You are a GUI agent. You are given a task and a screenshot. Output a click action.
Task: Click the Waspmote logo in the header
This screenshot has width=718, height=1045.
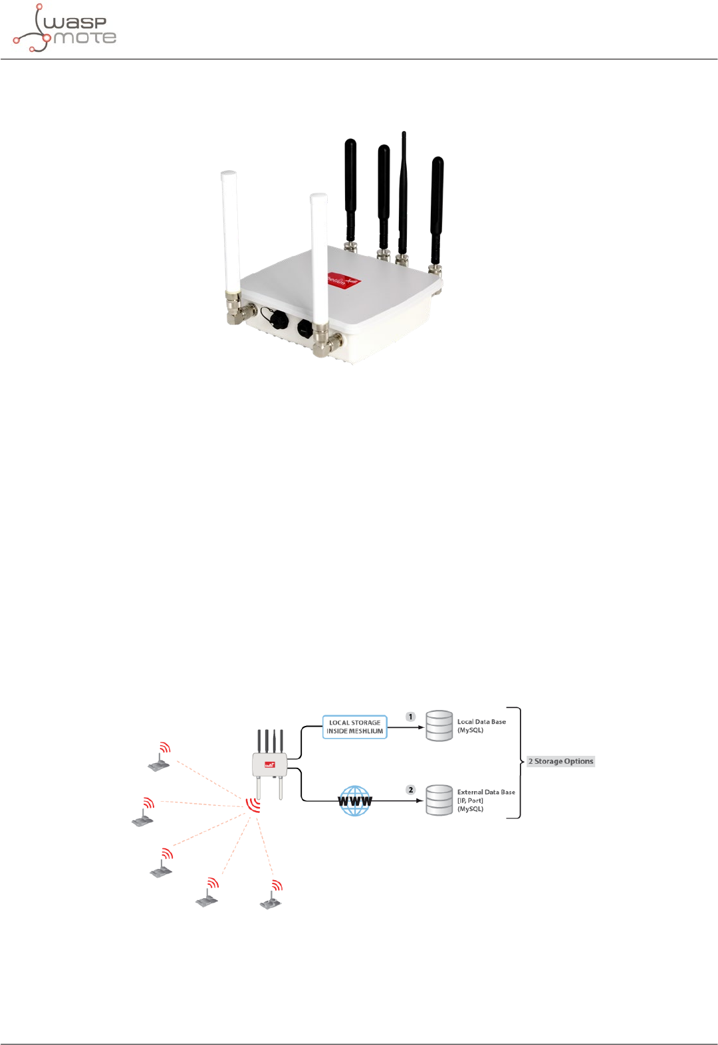(64, 29)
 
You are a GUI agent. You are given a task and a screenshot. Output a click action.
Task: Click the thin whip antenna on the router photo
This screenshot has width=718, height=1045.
(403, 193)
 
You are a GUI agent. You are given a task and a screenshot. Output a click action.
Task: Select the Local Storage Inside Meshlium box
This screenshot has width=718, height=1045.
(354, 727)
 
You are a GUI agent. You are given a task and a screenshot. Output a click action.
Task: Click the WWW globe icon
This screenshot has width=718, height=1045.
(355, 800)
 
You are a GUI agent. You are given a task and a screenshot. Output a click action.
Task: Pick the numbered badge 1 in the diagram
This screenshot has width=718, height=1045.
(411, 717)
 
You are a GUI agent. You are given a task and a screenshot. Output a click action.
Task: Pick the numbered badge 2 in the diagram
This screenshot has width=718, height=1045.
(411, 790)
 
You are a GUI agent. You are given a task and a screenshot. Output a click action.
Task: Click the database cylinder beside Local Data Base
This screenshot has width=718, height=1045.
(439, 726)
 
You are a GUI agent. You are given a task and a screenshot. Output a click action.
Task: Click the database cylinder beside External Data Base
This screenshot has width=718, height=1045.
(439, 800)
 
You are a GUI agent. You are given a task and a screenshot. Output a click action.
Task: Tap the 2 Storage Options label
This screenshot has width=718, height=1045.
(560, 761)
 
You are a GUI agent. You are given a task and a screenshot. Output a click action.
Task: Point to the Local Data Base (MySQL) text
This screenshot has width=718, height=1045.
(481, 726)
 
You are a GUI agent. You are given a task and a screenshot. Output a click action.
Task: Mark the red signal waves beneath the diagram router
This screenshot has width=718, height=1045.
(253, 805)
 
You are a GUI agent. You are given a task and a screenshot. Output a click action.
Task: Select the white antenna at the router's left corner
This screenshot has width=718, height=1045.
(229, 239)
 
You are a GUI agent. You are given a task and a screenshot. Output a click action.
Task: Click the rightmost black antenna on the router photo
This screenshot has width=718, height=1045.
(437, 209)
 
